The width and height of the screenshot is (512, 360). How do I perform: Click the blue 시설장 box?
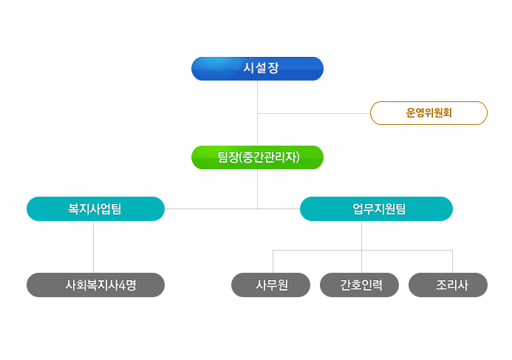click(x=257, y=69)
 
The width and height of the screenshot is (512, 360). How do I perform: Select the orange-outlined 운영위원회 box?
click(x=429, y=113)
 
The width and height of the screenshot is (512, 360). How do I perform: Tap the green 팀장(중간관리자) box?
click(x=257, y=157)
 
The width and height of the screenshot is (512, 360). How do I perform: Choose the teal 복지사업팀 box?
click(x=95, y=208)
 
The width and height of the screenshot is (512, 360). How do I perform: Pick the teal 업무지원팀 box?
click(x=376, y=208)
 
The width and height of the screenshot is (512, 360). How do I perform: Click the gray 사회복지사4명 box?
click(x=95, y=285)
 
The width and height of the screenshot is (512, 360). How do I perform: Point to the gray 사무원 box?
click(x=270, y=285)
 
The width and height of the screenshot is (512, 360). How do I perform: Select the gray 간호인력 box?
click(x=359, y=285)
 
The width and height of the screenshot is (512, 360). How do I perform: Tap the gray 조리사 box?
click(x=448, y=285)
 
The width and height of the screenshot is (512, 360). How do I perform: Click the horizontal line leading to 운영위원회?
click(x=314, y=114)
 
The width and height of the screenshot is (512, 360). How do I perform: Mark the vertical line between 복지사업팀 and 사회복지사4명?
click(x=93, y=247)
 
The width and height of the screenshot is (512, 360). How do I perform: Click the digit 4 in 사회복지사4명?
click(x=122, y=285)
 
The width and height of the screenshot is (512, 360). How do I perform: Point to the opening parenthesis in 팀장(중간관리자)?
click(x=240, y=157)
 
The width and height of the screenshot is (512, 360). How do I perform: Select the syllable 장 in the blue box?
click(x=273, y=68)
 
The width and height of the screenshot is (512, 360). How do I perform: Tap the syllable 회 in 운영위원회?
click(x=447, y=113)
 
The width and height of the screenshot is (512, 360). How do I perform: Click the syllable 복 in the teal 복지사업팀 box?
click(x=73, y=208)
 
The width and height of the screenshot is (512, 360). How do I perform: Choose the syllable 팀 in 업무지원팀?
click(x=400, y=208)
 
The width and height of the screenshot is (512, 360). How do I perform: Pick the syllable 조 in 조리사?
click(x=442, y=285)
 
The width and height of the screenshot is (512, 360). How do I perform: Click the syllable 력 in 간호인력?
click(x=377, y=285)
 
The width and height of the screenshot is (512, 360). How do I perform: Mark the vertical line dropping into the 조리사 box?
click(x=453, y=262)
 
